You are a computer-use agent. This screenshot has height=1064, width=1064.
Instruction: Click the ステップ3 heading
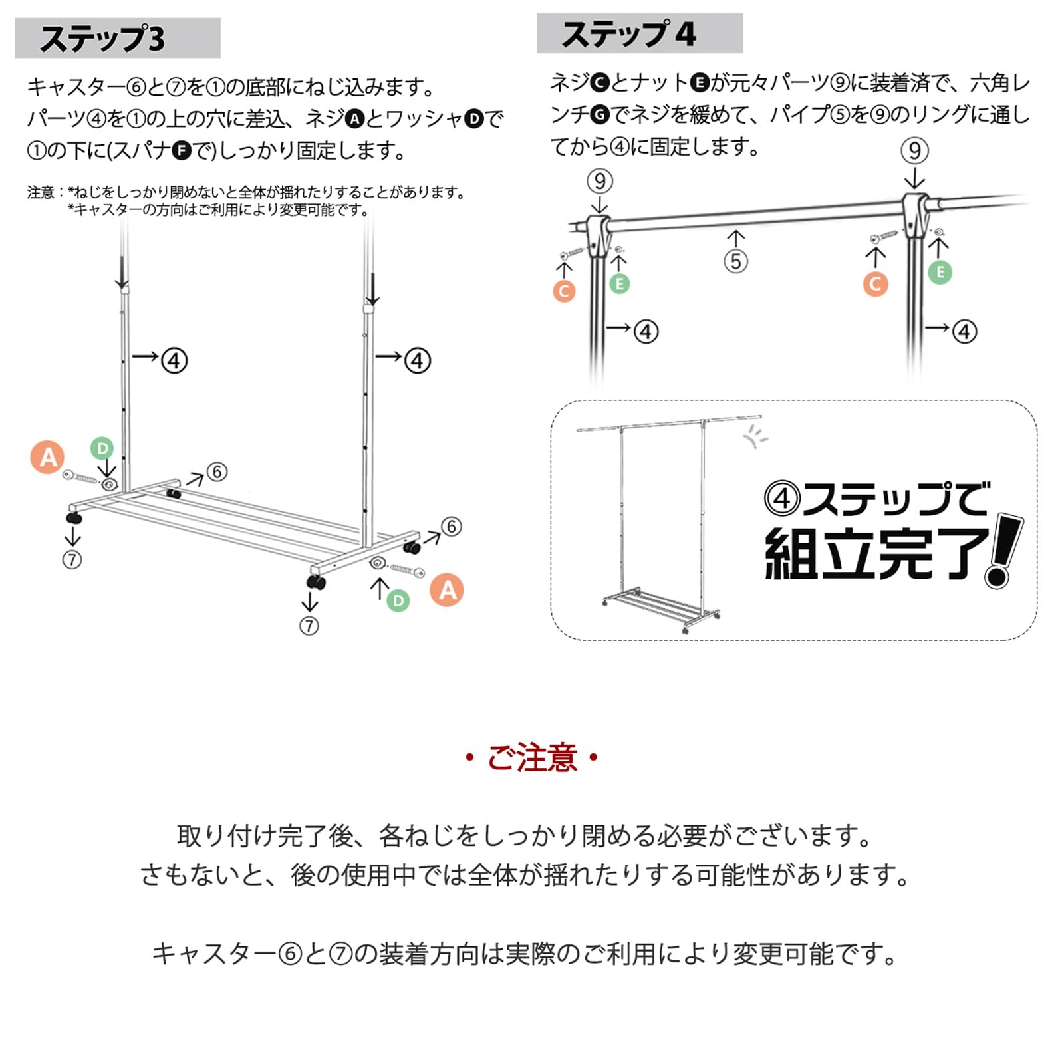click(x=103, y=39)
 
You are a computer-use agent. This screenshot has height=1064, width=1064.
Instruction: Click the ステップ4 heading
click(x=628, y=34)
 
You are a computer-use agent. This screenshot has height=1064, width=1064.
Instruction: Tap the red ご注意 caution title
click(x=532, y=758)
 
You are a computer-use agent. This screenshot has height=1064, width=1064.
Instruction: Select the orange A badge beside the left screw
click(x=47, y=458)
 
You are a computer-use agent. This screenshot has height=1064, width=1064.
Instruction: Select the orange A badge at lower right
click(x=447, y=590)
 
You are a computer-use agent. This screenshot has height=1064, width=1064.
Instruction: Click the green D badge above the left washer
click(x=102, y=448)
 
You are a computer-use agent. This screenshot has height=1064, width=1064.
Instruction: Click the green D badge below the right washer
click(x=398, y=601)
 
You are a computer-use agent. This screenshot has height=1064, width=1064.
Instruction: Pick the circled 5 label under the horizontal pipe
click(x=735, y=261)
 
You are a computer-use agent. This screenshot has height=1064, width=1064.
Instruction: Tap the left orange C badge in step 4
click(x=564, y=291)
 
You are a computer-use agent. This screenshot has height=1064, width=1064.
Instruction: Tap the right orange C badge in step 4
click(x=875, y=285)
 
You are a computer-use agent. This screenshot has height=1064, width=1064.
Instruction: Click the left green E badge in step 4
click(x=619, y=284)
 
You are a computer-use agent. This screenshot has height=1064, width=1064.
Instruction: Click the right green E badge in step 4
click(x=940, y=272)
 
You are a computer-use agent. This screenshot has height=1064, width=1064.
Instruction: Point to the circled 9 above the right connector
click(x=914, y=151)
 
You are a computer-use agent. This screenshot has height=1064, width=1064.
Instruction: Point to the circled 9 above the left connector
click(x=600, y=181)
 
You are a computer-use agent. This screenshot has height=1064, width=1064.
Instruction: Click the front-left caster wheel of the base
click(x=74, y=517)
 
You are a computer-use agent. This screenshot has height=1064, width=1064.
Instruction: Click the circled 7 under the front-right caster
click(x=309, y=626)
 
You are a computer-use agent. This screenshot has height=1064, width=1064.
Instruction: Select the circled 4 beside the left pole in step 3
click(x=174, y=361)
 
